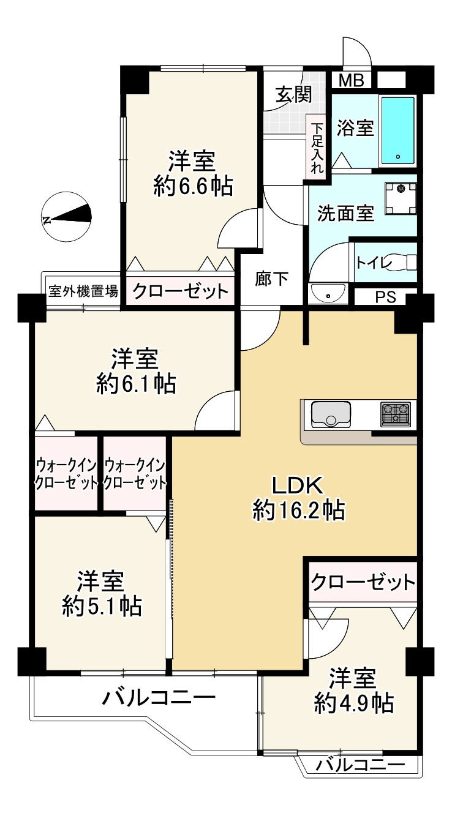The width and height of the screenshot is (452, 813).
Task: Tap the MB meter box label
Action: (351, 80)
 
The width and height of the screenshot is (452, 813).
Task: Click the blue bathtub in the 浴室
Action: (397, 130)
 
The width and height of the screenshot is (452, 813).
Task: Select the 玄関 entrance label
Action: (293, 95)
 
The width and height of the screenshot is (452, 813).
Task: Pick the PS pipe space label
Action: (385, 298)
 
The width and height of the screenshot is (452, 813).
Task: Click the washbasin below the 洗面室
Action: (328, 293)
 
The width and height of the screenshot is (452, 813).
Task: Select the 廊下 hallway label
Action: (271, 279)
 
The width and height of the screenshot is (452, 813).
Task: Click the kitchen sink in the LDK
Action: (330, 414)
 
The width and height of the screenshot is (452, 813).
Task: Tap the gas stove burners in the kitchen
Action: (396, 414)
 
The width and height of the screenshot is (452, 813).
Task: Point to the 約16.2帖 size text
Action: (298, 509)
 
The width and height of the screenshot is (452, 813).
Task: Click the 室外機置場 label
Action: (83, 290)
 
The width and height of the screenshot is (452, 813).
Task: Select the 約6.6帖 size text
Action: (193, 187)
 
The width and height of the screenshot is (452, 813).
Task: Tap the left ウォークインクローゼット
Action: (66, 474)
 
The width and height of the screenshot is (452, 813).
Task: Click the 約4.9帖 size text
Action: (354, 703)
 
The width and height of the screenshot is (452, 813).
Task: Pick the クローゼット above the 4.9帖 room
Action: (363, 582)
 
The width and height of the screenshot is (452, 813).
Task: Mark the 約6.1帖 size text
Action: (136, 383)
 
